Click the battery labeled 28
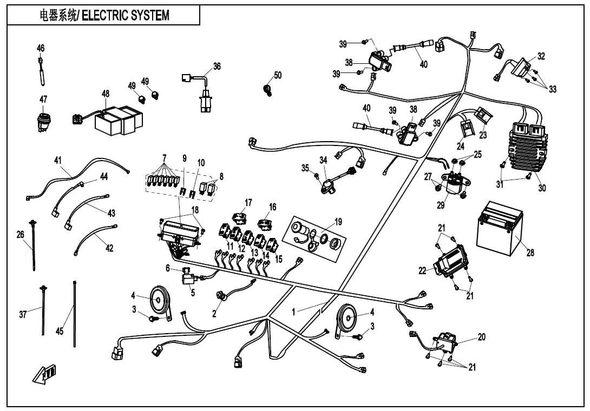(499, 229)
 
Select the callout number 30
(542, 188)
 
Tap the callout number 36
(217, 67)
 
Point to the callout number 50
(278, 75)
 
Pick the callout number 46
(41, 48)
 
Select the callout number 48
(106, 94)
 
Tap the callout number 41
(58, 160)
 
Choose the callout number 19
(338, 221)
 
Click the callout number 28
(530, 253)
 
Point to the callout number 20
(482, 337)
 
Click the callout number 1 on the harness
(294, 311)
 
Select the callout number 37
(23, 315)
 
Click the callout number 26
(21, 235)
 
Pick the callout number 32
(541, 56)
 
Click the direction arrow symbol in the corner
(45, 374)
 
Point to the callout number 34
(323, 160)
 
